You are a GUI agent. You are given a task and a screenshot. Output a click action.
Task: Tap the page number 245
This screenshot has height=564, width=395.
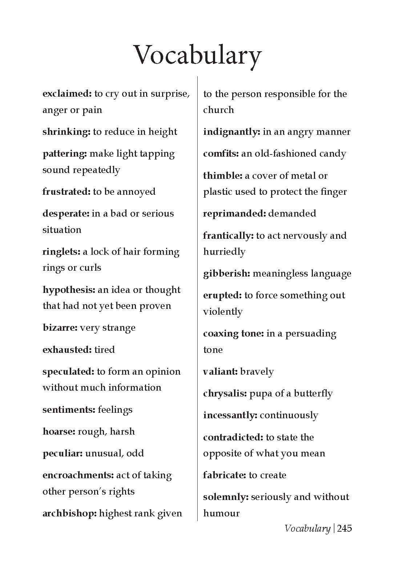[x=344, y=528]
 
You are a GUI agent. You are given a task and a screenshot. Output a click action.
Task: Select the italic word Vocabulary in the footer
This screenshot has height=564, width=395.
[x=307, y=528]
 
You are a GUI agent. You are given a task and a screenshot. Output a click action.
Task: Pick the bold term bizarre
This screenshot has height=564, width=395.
[x=60, y=328]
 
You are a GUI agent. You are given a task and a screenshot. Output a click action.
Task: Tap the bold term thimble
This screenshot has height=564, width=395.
[x=222, y=176]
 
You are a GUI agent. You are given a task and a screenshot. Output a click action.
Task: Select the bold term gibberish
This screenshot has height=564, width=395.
[x=227, y=274]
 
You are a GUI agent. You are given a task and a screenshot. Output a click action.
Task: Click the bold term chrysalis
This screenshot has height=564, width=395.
[x=225, y=394]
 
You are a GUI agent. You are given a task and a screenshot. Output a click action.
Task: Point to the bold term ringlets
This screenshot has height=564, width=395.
[x=61, y=252]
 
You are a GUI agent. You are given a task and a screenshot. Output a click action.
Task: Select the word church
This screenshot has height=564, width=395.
[x=218, y=110]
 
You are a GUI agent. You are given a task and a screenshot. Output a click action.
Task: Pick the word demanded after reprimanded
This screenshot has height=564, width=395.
[x=292, y=213]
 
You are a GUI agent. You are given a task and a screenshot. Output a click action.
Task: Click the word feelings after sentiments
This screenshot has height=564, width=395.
[x=115, y=410]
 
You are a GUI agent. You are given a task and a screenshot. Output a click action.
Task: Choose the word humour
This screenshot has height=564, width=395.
[x=221, y=513]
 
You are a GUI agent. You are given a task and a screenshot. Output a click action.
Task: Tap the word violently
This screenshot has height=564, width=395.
[x=223, y=312]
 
